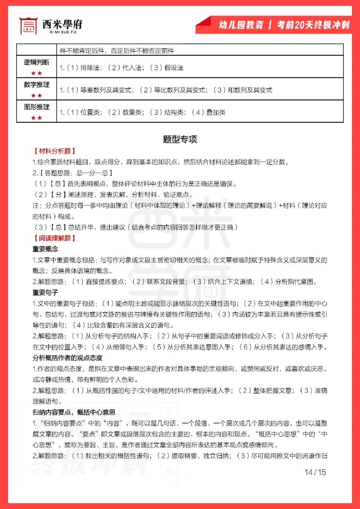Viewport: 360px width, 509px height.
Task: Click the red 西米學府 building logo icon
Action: pos(28,26)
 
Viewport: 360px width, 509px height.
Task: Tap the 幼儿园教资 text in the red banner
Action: pos(238,25)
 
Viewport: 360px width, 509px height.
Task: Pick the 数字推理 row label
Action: pos(37,85)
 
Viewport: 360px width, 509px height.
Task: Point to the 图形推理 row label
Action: pos(37,107)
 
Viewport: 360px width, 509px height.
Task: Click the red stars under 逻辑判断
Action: pos(37,73)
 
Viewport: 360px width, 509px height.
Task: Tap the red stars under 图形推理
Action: pos(37,118)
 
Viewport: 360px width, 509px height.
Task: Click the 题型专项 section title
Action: pos(180,139)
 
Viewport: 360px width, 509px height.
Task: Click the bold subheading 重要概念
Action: pos(45,249)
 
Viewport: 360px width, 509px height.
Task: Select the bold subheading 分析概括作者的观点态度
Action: pos(67,358)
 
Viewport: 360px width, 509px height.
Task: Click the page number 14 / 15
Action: pos(315,472)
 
